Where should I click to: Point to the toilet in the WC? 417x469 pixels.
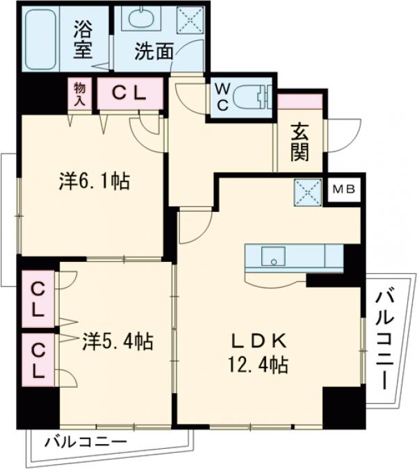250,98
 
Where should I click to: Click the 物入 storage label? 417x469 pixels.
79,93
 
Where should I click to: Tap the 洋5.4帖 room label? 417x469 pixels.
119,340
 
